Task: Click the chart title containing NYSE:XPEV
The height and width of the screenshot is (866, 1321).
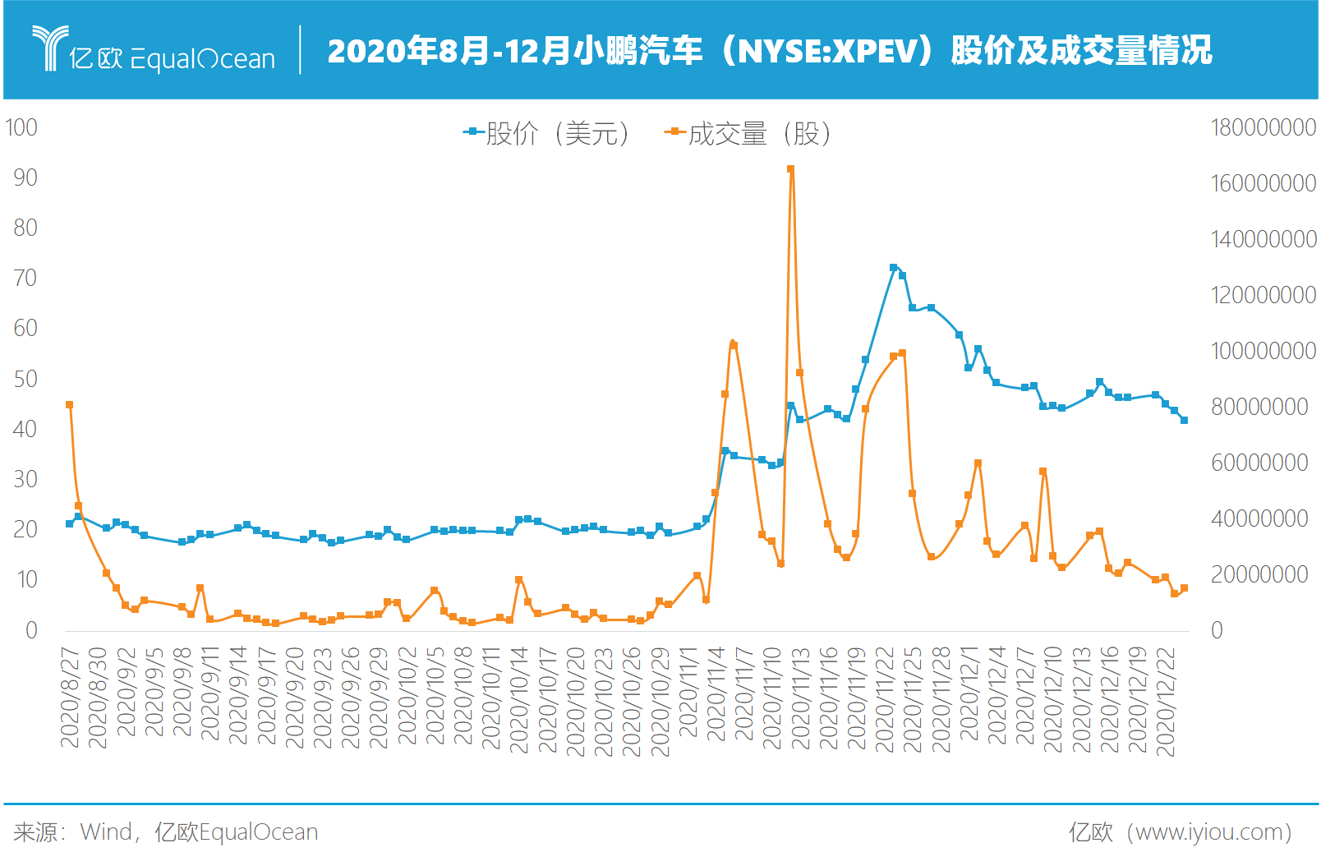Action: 769,51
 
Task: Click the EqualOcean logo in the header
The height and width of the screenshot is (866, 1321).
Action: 154,50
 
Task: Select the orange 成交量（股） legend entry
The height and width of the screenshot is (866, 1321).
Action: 748,133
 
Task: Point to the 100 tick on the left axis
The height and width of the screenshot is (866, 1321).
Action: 21,127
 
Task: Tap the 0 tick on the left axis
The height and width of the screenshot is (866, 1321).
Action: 31,630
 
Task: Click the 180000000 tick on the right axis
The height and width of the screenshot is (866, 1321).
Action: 1263,127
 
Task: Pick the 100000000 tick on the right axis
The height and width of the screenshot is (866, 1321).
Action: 1263,351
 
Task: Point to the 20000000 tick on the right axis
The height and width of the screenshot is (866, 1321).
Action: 1259,574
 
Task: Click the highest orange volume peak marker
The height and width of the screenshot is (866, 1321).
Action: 790,169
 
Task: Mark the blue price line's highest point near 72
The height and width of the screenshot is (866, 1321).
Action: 893,268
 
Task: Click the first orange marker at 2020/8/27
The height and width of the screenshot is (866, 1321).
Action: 70,405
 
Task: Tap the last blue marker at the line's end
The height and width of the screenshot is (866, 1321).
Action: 1184,420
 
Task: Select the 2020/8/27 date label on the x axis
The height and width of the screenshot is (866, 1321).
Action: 71,698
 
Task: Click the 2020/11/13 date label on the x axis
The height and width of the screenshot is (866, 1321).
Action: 801,698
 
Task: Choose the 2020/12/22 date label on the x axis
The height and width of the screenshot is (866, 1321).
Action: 1166,702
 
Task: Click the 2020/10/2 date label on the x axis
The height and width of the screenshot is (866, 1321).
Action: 408,696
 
